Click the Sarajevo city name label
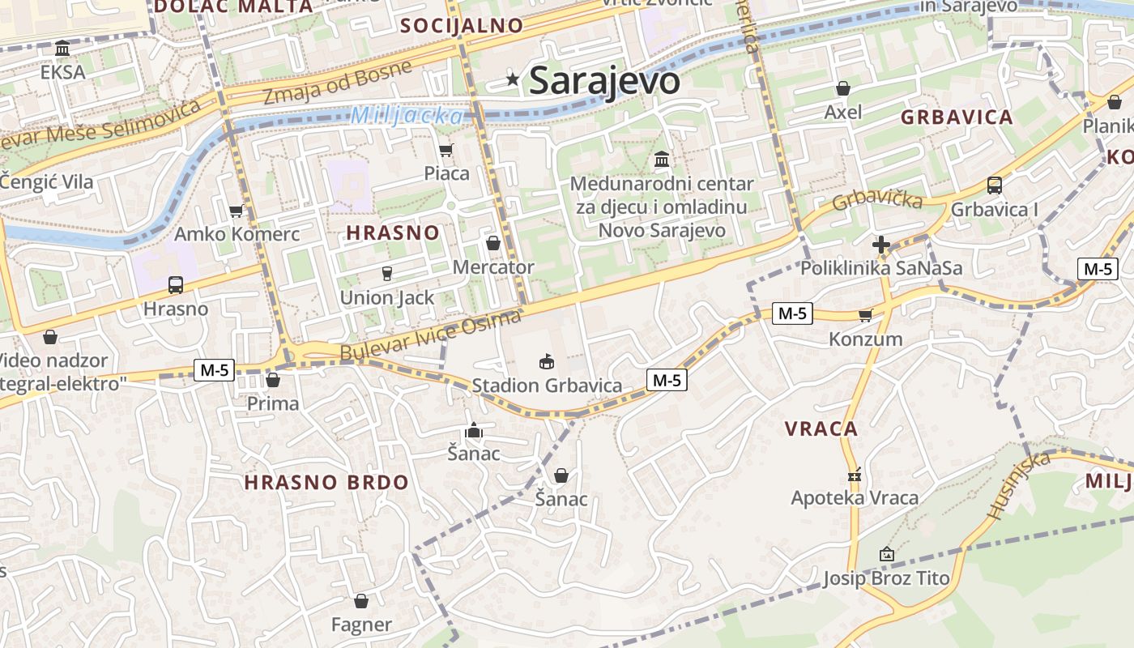pyautogui.click(x=604, y=80)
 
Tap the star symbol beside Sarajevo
pyautogui.click(x=513, y=79)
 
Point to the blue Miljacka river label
pyautogui.click(x=407, y=116)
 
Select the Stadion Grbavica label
pyautogui.click(x=547, y=386)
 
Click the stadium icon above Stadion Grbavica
pyautogui.click(x=547, y=361)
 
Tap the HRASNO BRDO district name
pyautogui.click(x=326, y=482)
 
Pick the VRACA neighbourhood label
pyautogui.click(x=821, y=428)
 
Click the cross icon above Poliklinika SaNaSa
pyautogui.click(x=881, y=244)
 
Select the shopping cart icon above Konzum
pyautogui.click(x=865, y=315)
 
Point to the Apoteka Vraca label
pyautogui.click(x=855, y=497)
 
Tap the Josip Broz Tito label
pyautogui.click(x=886, y=578)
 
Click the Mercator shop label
pyautogui.click(x=493, y=266)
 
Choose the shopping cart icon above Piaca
pyautogui.click(x=446, y=150)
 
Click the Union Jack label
pyautogui.click(x=387, y=297)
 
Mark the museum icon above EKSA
pyautogui.click(x=62, y=49)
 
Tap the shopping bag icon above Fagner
pyautogui.click(x=361, y=601)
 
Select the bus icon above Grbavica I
pyautogui.click(x=995, y=185)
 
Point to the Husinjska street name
pyautogui.click(x=1018, y=484)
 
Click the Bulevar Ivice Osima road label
pyautogui.click(x=430, y=336)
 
